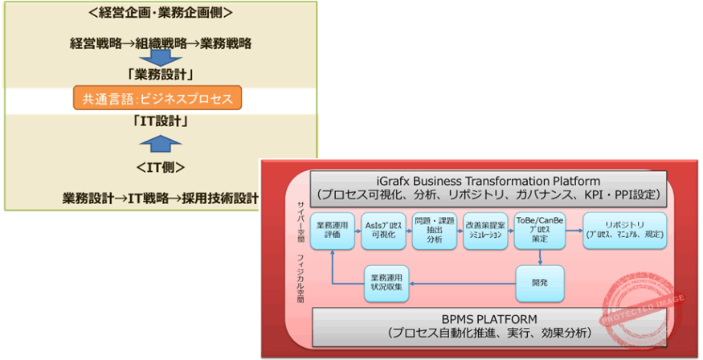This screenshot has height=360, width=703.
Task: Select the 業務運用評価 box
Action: pos(332,229)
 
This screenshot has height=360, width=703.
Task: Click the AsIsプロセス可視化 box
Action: pos(382,229)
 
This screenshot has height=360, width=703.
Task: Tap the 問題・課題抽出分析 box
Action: pos(434,229)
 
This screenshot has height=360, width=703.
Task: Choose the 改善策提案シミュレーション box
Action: pos(485,229)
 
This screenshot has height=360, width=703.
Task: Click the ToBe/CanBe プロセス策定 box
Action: pos(539,229)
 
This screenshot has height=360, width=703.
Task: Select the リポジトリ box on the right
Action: pos(624,229)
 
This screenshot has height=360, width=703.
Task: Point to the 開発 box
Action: pos(539,283)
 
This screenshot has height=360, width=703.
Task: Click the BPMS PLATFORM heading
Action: pos(488,319)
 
